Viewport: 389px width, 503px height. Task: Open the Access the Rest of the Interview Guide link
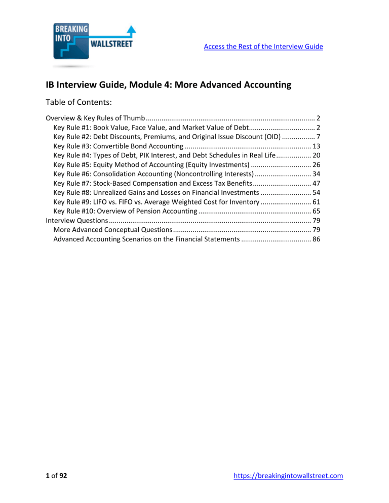(263, 47)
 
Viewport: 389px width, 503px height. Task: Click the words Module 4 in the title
(139, 85)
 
